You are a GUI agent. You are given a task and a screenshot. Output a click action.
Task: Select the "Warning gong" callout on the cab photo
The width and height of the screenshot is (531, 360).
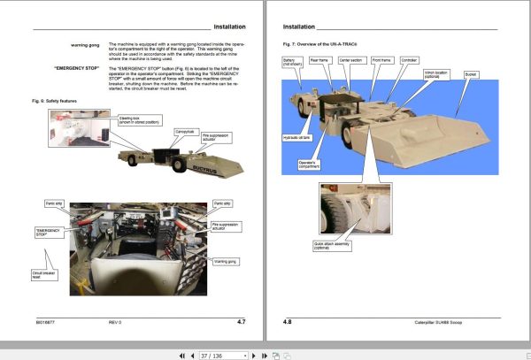(226, 262)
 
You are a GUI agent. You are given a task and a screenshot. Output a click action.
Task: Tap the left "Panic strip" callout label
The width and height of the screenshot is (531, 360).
(55, 203)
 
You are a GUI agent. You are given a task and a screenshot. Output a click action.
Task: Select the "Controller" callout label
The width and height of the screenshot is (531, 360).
(408, 60)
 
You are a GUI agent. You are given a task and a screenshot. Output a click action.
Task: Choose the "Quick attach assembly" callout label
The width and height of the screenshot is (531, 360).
(334, 244)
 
